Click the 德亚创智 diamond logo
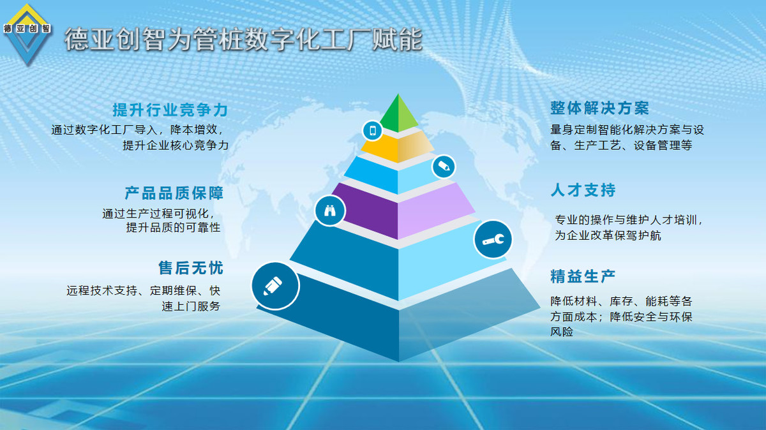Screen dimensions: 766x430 pyautogui.click(x=27, y=34)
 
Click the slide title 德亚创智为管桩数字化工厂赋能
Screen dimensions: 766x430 pyautogui.click(x=243, y=40)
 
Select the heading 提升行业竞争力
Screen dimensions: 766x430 pyautogui.click(x=170, y=110)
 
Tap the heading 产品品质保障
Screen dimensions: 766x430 pyautogui.click(x=174, y=193)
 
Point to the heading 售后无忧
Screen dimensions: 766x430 pyautogui.click(x=191, y=268)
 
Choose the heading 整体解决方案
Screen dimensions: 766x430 pyautogui.click(x=600, y=108)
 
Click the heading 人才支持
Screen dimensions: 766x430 pyautogui.click(x=583, y=190)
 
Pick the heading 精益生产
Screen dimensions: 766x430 pyautogui.click(x=583, y=276)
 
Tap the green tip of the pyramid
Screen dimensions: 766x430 pyautogui.click(x=398, y=116)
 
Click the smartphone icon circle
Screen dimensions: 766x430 pyautogui.click(x=372, y=130)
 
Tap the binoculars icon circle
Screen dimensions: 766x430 pyautogui.click(x=330, y=211)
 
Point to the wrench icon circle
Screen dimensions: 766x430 pyautogui.click(x=493, y=239)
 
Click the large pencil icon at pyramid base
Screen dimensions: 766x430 pyautogui.click(x=275, y=286)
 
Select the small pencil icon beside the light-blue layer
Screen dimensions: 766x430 pyautogui.click(x=444, y=167)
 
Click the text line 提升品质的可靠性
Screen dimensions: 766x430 pyautogui.click(x=174, y=227)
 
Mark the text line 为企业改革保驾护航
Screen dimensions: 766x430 pyautogui.click(x=608, y=235)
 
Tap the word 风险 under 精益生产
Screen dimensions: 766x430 pyautogui.click(x=562, y=332)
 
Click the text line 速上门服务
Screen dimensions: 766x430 pyautogui.click(x=191, y=306)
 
